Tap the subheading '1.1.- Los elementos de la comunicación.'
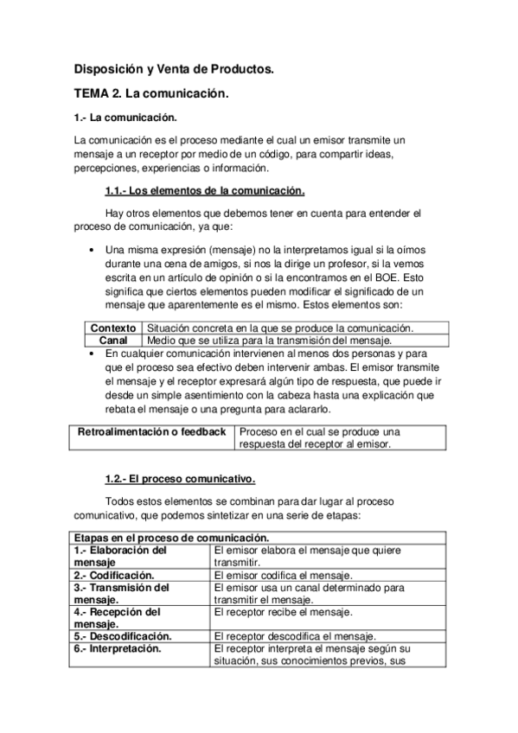click(x=204, y=190)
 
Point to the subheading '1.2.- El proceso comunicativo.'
click(x=180, y=478)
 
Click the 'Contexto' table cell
click(x=113, y=328)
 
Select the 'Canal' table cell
click(x=113, y=341)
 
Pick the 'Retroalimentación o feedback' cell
click(x=152, y=431)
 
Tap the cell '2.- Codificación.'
click(x=114, y=575)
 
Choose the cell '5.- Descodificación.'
click(x=122, y=636)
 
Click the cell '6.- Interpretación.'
click(x=118, y=648)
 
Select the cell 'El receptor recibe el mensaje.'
click(x=282, y=612)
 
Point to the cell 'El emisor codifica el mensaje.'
click(x=282, y=575)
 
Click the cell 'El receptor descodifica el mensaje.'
click(x=294, y=636)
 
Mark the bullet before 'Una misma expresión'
click(x=93, y=250)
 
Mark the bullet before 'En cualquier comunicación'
click(x=93, y=354)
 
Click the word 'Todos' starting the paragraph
click(x=119, y=502)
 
